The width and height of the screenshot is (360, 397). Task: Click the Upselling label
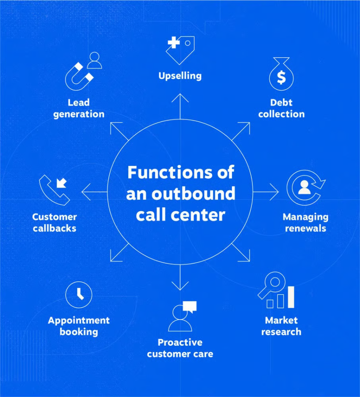(180, 76)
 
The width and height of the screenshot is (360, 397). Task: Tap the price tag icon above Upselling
(180, 50)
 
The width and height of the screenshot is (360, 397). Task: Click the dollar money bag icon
(281, 74)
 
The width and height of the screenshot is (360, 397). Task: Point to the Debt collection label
(281, 108)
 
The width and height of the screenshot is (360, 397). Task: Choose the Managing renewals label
(305, 223)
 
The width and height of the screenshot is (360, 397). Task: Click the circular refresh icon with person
(306, 187)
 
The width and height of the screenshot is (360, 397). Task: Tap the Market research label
(281, 326)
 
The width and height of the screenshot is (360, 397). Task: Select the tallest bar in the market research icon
(291, 297)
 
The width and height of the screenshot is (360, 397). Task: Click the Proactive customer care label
(180, 348)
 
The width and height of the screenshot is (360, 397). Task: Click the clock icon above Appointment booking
(79, 295)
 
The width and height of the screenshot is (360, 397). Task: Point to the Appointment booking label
(79, 326)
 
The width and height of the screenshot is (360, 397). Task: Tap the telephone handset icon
(54, 190)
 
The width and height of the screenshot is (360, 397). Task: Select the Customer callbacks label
(55, 223)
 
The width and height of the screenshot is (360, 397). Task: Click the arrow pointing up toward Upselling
(180, 106)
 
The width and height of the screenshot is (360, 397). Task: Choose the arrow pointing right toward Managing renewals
(266, 192)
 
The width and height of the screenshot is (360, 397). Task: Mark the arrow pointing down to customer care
(180, 278)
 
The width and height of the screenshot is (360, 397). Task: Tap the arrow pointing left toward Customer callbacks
(94, 192)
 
